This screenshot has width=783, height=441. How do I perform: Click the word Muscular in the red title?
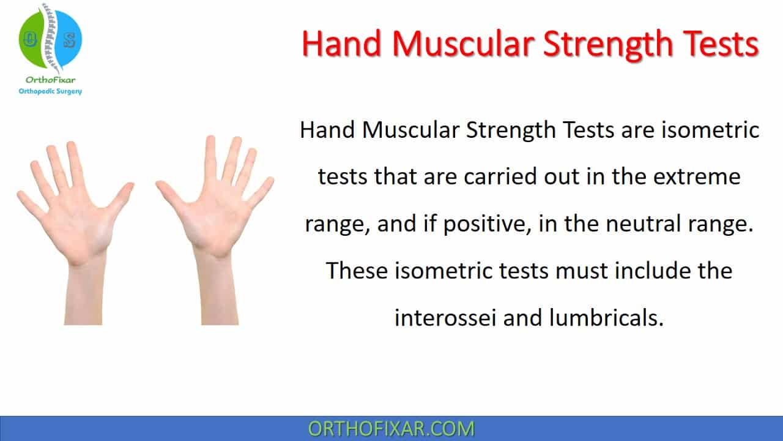(x=463, y=43)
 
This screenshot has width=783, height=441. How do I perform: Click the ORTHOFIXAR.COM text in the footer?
(x=391, y=429)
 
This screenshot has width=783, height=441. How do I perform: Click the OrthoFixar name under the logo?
(x=50, y=80)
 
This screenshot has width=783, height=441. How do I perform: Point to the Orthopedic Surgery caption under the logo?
(x=50, y=91)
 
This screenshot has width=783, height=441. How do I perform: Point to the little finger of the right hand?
(x=261, y=190)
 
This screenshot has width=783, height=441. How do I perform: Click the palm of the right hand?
(x=213, y=224)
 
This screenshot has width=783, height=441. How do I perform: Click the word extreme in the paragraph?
(x=697, y=177)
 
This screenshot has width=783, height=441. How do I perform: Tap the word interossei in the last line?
(x=445, y=318)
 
